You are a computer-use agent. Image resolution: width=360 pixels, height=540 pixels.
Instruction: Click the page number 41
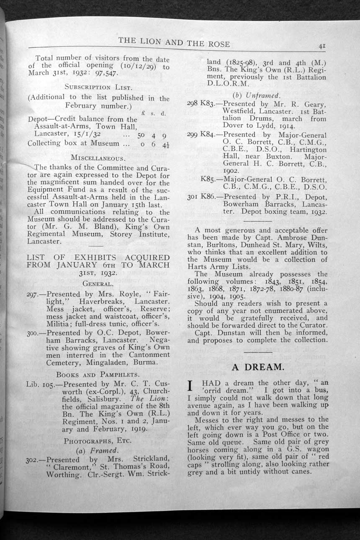(x=322, y=46)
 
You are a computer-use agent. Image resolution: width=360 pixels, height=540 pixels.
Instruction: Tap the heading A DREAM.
(x=257, y=367)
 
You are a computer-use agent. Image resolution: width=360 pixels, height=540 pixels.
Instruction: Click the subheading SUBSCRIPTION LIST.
(x=99, y=87)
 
